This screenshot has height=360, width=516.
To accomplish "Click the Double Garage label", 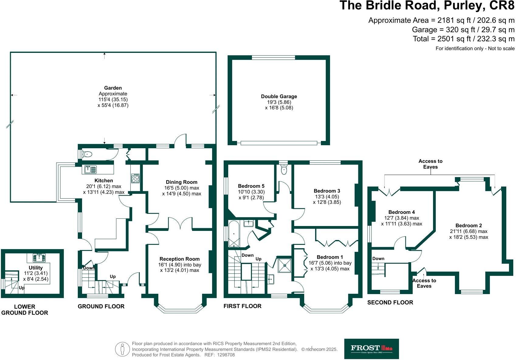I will point(279,96).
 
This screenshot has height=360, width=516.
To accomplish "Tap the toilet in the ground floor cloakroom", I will point(87,154).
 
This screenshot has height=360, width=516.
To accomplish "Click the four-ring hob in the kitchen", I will point(135,178).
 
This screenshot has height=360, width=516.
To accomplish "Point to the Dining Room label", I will point(181,182).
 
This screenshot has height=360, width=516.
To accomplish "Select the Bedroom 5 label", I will point(251,186).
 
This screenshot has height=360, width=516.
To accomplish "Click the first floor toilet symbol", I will point(284,170).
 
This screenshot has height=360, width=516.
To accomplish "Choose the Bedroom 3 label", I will point(327,191).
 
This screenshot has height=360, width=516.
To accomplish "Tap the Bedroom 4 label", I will point(401,212).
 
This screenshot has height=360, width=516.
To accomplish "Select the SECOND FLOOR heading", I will point(390,302).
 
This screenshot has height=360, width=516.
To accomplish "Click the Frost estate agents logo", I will point(371,349).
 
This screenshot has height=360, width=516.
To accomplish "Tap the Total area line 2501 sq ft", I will point(463,39).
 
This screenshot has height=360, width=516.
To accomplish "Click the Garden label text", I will point(113,88).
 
